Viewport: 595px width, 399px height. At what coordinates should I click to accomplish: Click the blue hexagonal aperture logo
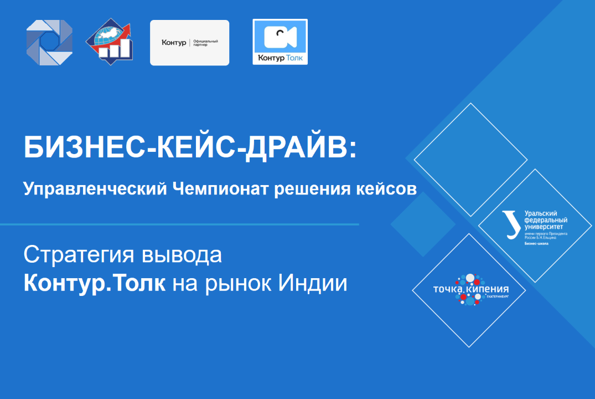point(50,42)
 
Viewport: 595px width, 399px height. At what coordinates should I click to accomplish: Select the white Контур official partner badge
point(189,43)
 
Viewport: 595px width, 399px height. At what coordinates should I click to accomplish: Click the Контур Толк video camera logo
point(280,42)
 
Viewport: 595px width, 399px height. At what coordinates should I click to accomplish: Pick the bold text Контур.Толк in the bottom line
point(94,284)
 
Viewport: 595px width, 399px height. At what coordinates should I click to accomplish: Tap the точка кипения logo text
point(470,290)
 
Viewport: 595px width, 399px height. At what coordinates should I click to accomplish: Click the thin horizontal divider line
point(179,224)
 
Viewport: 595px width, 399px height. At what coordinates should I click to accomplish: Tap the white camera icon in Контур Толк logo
point(280,37)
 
